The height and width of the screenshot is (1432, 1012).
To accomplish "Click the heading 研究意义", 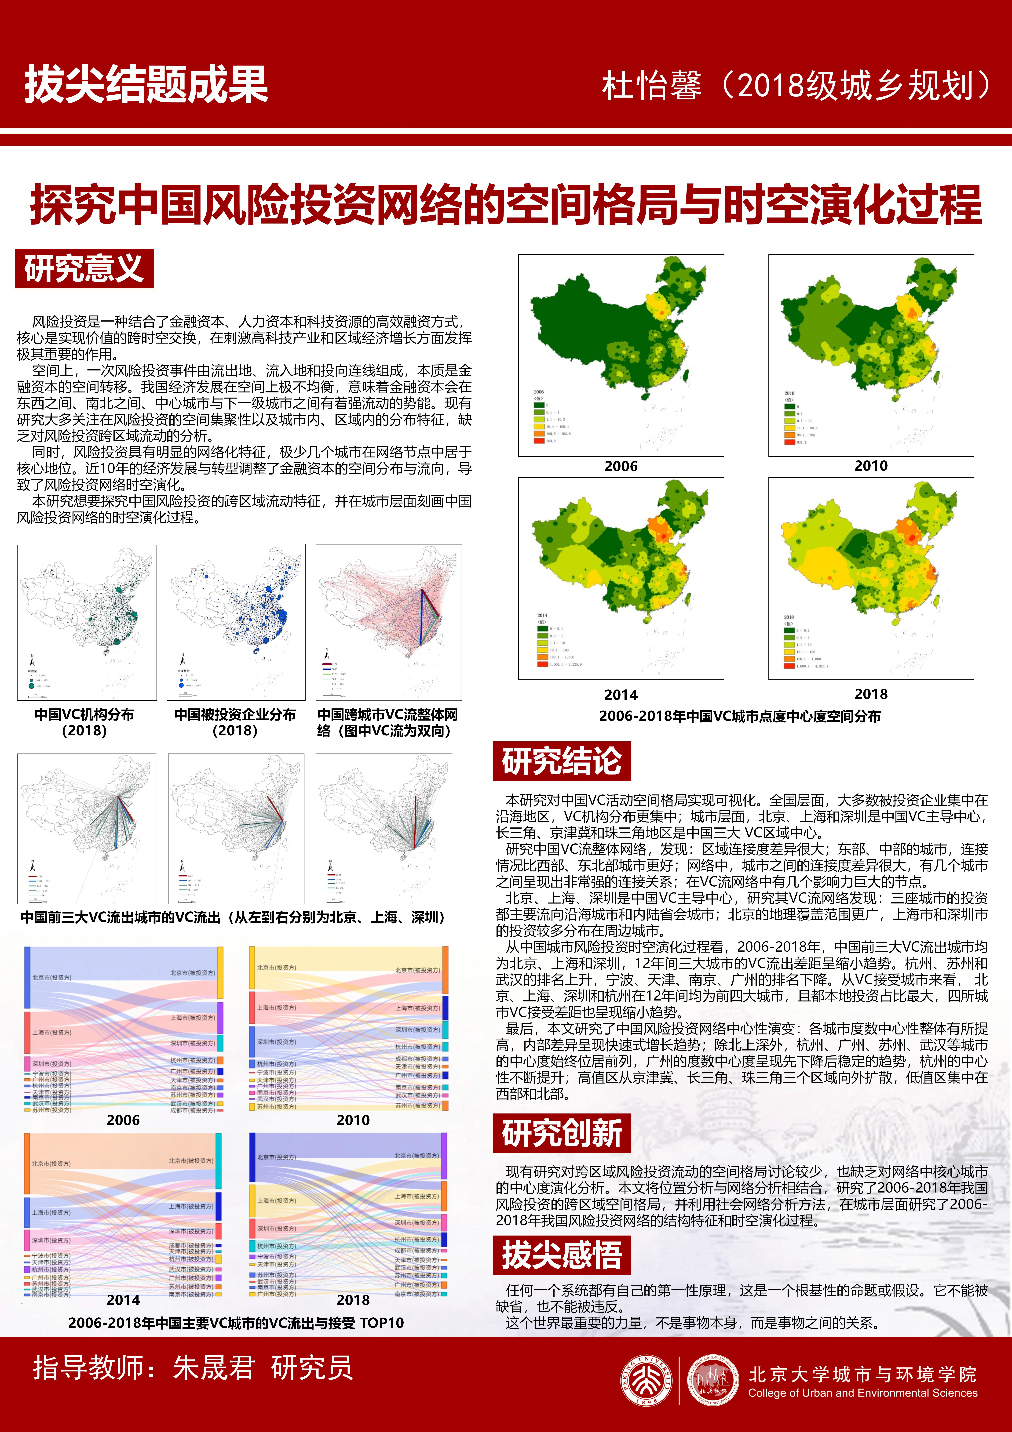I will click(x=84, y=269).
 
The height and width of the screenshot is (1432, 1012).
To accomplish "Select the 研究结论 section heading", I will click(x=562, y=761).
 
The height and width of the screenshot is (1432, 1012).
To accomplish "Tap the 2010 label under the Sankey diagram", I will click(x=353, y=1120).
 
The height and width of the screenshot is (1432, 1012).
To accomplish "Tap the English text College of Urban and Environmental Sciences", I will click(x=863, y=1393).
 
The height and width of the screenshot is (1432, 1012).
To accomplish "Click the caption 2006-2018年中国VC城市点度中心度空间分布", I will click(x=740, y=716).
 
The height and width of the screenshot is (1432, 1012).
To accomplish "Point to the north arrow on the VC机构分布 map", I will click(x=33, y=660).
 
